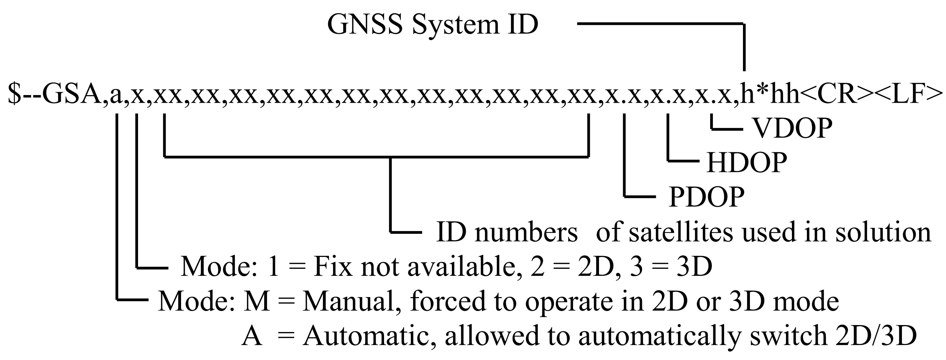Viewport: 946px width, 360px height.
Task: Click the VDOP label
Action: (793, 128)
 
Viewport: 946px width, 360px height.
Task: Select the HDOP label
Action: (746, 163)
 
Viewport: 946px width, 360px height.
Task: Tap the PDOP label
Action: (706, 197)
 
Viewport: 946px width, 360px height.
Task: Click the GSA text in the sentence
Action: (72, 94)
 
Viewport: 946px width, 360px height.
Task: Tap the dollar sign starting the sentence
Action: (15, 94)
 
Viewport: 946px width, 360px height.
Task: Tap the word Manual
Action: (351, 302)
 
